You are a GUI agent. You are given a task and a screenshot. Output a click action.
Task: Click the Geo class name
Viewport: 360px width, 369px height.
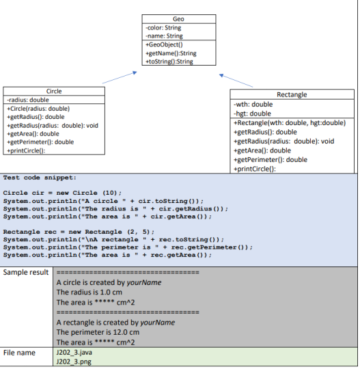coord(178,20)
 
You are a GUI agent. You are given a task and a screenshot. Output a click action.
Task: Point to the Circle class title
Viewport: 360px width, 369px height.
coord(54,92)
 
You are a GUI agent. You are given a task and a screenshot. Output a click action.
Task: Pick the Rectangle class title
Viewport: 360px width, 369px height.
coord(292,94)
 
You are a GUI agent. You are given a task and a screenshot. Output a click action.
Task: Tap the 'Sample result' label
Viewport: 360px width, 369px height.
coord(25,272)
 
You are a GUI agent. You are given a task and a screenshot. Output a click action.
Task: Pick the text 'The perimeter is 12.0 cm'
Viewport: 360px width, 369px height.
coord(100,332)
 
